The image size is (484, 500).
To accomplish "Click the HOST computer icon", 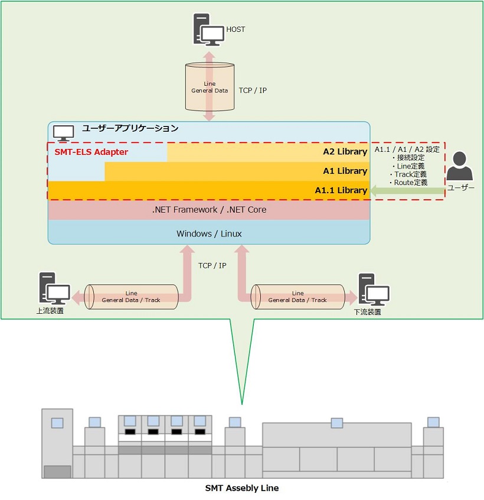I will (x=208, y=30).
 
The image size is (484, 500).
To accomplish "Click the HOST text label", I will (x=236, y=29).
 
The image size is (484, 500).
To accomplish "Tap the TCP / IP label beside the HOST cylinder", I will (x=253, y=90).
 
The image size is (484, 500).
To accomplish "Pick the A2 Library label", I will (x=345, y=152).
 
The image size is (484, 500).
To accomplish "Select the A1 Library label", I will (x=345, y=171).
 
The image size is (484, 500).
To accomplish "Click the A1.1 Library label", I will (x=341, y=190).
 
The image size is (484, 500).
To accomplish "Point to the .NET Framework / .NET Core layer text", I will (x=209, y=210).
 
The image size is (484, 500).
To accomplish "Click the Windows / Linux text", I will (x=209, y=233).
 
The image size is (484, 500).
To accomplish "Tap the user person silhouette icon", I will (x=460, y=167).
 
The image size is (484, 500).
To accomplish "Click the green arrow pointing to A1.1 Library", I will (x=407, y=190).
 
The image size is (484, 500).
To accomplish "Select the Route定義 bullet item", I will (x=408, y=183).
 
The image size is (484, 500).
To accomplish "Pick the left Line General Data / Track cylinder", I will (x=131, y=297).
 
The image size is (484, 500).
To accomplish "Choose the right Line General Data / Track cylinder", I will (x=297, y=297).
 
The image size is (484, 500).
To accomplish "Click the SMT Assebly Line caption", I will (x=241, y=488).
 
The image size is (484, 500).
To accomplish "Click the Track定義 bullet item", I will (x=408, y=174).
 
